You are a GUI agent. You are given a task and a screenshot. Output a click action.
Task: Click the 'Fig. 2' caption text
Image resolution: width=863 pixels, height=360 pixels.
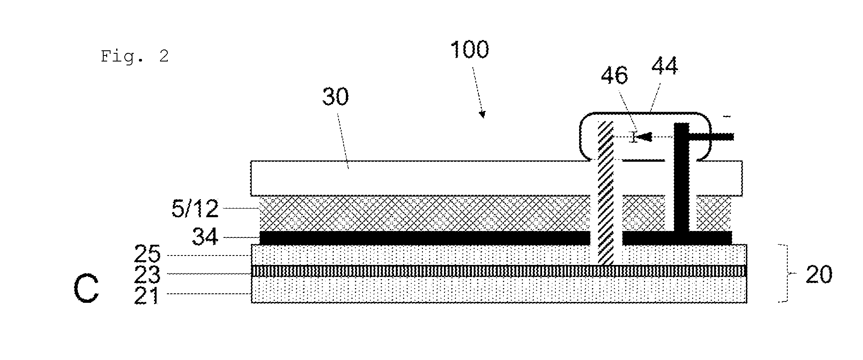[x=135, y=56]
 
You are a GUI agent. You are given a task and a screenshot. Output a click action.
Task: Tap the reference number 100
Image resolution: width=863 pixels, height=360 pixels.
[x=469, y=50]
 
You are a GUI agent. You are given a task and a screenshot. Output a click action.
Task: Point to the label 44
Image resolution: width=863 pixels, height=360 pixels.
[x=665, y=67]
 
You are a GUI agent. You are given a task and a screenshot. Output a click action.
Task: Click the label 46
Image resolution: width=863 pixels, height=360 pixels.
[x=614, y=75]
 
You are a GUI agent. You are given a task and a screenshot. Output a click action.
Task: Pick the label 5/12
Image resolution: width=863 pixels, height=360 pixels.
[x=195, y=209]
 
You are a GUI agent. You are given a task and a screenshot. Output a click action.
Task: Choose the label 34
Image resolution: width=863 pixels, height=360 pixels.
[x=205, y=237]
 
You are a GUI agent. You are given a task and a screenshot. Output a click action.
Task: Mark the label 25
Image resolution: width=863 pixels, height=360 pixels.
[x=147, y=254]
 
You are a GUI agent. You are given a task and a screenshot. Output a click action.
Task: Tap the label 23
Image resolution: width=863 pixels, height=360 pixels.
[x=147, y=274]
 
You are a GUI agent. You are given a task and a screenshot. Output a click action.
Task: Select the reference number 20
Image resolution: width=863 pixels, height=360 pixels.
[x=819, y=274]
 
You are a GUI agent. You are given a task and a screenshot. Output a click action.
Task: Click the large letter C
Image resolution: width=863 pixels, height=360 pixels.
[x=86, y=289]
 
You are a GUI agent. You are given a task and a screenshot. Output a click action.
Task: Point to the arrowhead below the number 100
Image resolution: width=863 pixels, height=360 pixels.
[x=483, y=114]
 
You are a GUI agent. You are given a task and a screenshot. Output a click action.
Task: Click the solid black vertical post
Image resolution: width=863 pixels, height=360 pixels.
[x=681, y=178]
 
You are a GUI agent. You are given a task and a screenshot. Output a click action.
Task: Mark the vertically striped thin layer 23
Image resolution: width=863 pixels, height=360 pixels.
[x=499, y=271]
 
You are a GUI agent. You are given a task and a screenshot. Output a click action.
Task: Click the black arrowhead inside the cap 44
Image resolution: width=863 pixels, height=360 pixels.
[x=644, y=137]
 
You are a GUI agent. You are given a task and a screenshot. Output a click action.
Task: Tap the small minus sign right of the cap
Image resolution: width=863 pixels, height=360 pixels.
[x=727, y=116]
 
